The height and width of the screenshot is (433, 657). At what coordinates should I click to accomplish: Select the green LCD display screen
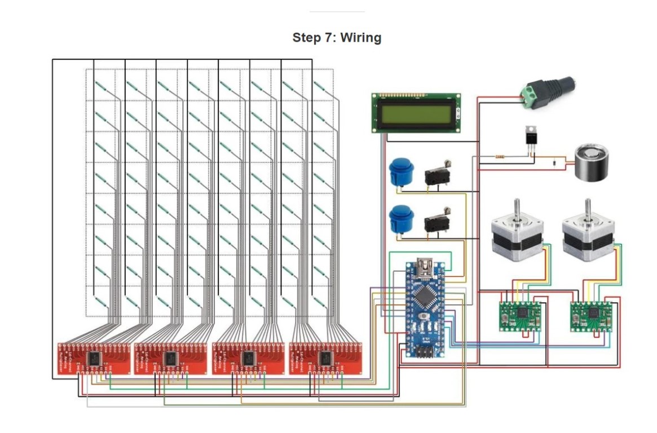416,113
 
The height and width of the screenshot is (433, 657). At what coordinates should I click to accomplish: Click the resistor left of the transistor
500,157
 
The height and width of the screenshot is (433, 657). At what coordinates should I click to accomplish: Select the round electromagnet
593,162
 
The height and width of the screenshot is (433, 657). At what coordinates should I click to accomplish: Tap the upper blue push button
401,173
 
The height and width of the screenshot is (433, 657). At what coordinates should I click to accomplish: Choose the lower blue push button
401,219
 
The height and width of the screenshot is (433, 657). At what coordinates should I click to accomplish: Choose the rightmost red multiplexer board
325,357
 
